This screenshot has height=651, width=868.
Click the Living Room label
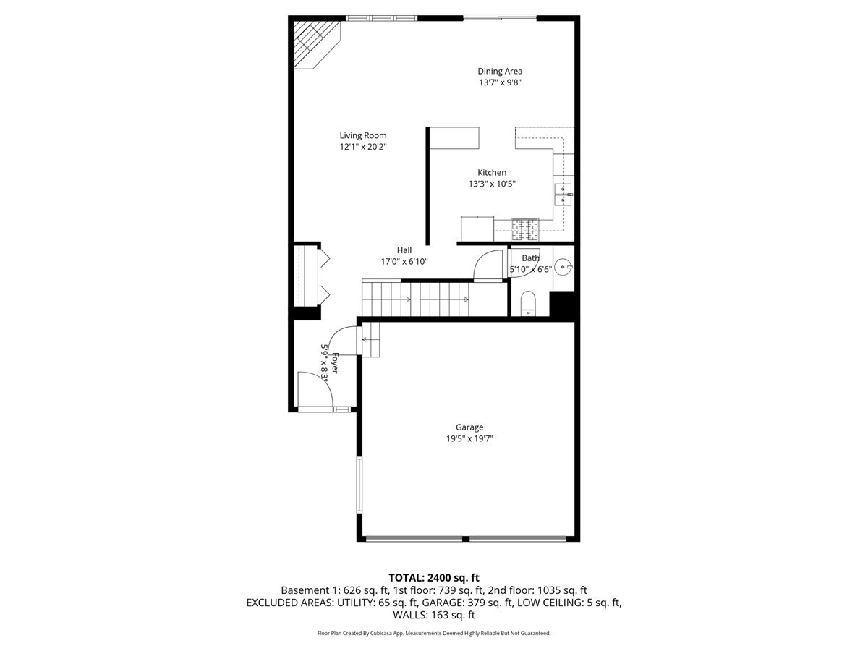363,135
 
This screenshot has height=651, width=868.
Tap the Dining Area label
500,71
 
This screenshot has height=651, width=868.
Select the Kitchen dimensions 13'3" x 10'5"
492,184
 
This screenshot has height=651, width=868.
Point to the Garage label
469,427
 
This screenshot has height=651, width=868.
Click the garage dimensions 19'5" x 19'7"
469,438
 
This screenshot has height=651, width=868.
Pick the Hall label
404,250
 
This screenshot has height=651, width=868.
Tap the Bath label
531,258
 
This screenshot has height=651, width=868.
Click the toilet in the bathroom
528,303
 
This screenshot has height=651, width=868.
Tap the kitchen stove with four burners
525,229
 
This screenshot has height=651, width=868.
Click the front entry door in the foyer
315,391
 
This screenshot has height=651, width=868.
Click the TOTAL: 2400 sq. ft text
434,577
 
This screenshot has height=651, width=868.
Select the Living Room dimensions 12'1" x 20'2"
363,146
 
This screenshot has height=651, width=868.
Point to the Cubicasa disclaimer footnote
434,633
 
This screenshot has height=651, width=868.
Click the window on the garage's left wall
358,485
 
